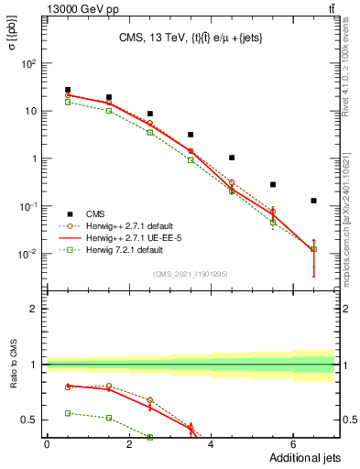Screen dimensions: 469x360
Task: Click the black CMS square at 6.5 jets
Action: pos(313,201)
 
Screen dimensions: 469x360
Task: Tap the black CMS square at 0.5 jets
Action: pos(68,90)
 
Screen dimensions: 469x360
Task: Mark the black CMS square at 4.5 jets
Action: pos(232,158)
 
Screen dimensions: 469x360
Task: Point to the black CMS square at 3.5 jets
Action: pos(191,135)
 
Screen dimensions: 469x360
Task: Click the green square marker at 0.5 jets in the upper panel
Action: pos(68,103)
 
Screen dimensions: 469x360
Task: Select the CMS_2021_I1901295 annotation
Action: pos(190,274)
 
